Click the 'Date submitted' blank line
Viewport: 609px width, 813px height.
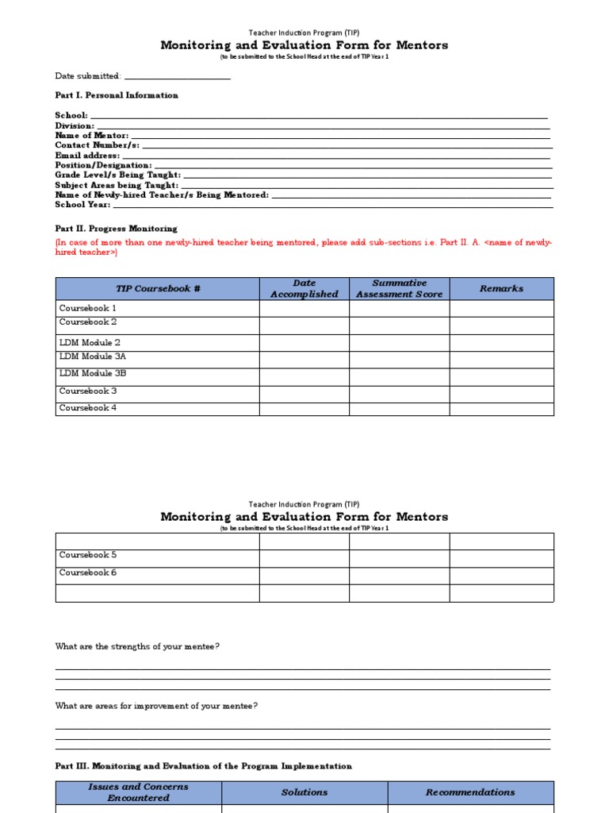[177, 77]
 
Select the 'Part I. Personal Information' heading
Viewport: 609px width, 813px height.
[117, 95]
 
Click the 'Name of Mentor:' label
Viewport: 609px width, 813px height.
[91, 136]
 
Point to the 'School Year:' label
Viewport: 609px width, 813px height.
[81, 205]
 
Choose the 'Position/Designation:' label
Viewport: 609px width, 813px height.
[103, 165]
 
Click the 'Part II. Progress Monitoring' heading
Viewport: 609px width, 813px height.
[116, 229]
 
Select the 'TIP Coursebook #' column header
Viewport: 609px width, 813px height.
[158, 289]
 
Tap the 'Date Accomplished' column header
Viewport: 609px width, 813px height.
[304, 289]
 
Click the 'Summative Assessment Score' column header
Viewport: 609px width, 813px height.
[399, 289]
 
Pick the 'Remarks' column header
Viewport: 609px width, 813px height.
[501, 289]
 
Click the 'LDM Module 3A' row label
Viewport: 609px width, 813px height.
[93, 357]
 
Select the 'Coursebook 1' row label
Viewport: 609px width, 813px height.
[88, 308]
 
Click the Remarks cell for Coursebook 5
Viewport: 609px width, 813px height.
[501, 558]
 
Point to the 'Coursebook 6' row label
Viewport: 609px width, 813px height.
[88, 572]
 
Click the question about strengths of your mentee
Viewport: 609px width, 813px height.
[137, 646]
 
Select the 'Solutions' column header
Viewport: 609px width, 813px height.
[304, 792]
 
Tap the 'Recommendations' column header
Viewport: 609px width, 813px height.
[470, 792]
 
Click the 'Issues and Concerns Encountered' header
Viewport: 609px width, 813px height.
[138, 792]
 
